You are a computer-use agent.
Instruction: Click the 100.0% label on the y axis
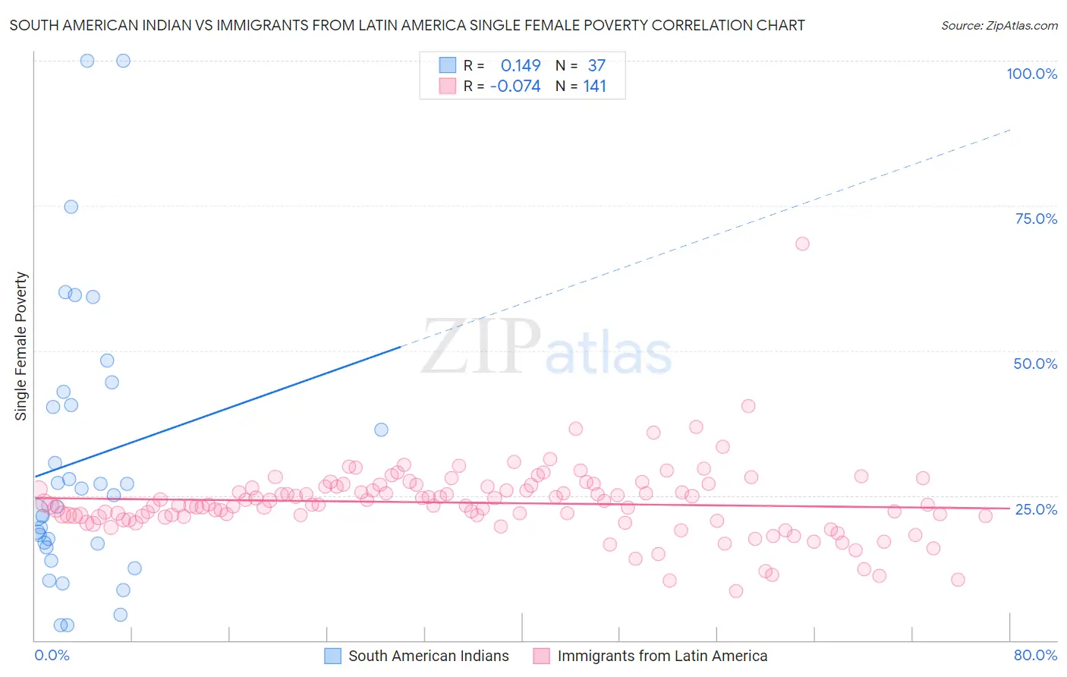(x=1031, y=74)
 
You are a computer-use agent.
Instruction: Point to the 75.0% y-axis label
(x=1036, y=219)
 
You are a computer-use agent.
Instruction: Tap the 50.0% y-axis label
(x=1035, y=364)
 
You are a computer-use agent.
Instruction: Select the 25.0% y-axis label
(x=1036, y=509)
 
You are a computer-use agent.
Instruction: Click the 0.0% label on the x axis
(x=52, y=655)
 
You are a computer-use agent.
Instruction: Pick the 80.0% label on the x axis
(x=1035, y=655)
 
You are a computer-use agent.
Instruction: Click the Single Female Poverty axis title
(x=21, y=346)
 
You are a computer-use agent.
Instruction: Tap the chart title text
(x=407, y=25)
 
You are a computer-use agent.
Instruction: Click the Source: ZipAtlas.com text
(x=999, y=26)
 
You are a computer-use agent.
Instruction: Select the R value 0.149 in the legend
(x=521, y=66)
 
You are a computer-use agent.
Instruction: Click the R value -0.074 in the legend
(x=515, y=87)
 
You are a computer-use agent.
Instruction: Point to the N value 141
(x=594, y=87)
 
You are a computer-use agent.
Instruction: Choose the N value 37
(x=596, y=66)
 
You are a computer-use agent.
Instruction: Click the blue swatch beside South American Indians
(x=332, y=656)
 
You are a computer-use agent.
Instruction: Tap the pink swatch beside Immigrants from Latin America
(x=541, y=656)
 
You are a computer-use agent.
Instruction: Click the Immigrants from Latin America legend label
(x=662, y=656)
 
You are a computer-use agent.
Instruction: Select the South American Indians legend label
(x=428, y=656)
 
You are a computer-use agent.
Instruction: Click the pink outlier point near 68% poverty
(x=802, y=244)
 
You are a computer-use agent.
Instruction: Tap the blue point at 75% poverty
(x=71, y=206)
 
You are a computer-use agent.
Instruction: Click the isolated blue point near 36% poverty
(x=381, y=430)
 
